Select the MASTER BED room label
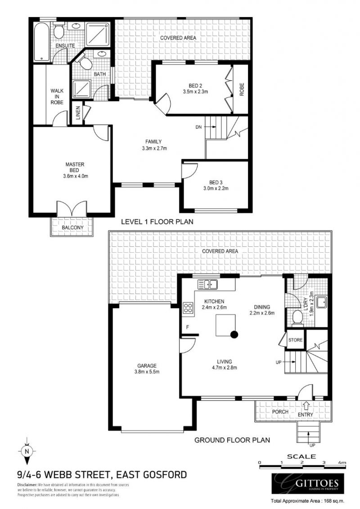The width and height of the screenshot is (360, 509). click(74, 167)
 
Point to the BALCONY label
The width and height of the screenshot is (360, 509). click(72, 228)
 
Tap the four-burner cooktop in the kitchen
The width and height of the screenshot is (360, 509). click(188, 309)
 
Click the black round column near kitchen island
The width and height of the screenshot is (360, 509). click(234, 334)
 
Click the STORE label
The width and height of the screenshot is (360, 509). click(295, 340)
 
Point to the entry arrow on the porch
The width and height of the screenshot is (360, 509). click(306, 404)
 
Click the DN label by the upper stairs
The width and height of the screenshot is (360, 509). click(198, 127)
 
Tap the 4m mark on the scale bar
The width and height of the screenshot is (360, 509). click(342, 462)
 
